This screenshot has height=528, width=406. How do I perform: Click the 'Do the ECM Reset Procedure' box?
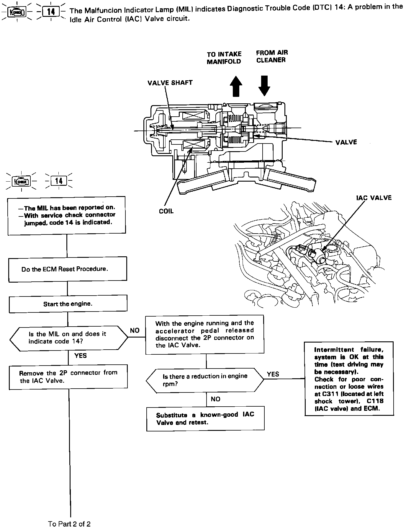(68, 269)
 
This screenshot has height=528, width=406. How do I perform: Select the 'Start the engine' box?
(68, 304)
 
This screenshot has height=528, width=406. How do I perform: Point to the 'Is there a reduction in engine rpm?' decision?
(205, 380)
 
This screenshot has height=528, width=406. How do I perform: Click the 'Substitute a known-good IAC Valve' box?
(205, 418)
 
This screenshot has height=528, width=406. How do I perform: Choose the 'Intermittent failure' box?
(349, 379)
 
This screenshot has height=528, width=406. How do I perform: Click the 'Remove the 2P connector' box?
(68, 377)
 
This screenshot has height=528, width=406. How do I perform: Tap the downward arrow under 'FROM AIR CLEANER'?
(264, 85)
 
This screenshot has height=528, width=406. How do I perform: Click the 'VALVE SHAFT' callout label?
(170, 83)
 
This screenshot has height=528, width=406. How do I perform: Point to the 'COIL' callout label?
(166, 211)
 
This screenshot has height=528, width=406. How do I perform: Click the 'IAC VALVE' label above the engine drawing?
(374, 198)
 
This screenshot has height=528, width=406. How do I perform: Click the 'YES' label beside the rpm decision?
(273, 374)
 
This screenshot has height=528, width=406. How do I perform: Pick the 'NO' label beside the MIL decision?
(135, 330)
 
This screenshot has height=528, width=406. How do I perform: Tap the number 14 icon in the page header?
(51, 12)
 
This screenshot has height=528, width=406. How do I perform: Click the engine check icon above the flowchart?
(21, 181)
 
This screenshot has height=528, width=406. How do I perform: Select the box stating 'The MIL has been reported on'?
(67, 215)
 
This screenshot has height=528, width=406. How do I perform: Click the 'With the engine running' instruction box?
(205, 334)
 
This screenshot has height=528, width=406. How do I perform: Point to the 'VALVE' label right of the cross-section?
(346, 142)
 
